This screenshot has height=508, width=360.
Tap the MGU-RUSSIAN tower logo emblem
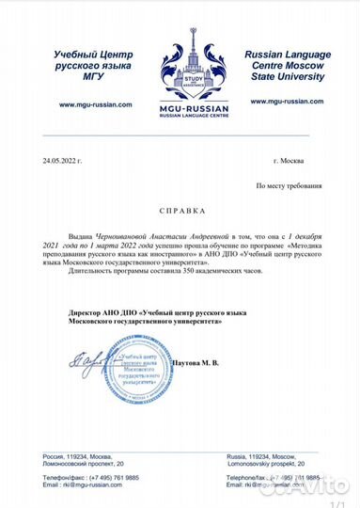click(180, 56)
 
